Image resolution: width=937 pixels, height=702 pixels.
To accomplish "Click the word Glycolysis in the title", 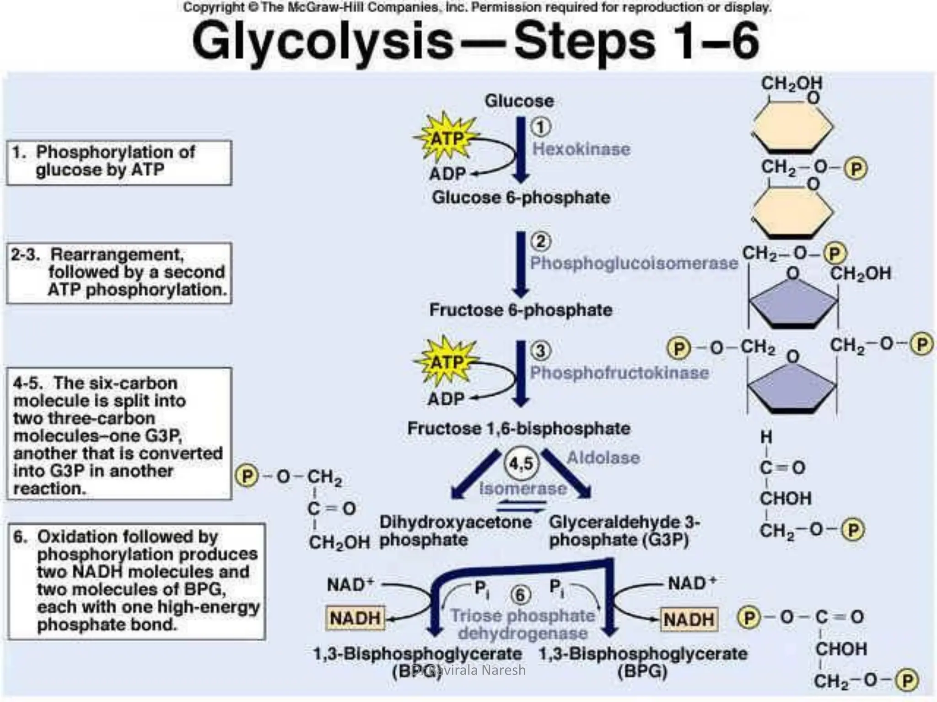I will [323, 42].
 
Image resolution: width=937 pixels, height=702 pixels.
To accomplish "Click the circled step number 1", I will [541, 127].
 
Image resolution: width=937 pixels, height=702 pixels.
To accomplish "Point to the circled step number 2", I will [541, 241].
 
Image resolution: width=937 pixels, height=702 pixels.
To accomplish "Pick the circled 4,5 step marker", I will [522, 463].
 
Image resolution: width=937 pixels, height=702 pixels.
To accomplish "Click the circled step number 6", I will [520, 595].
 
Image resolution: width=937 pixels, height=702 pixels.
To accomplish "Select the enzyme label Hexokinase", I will [581, 149].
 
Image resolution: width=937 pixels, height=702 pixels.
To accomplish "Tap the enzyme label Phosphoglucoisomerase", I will [634, 263].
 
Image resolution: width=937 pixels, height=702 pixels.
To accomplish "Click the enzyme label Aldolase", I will [603, 457].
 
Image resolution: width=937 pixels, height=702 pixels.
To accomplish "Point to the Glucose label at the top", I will [519, 101].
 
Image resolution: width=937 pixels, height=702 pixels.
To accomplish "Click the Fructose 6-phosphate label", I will [521, 310].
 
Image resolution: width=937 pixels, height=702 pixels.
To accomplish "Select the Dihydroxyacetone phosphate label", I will [455, 531].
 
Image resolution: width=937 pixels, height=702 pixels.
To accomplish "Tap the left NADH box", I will [355, 618].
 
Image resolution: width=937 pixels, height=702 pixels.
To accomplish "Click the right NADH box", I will [689, 619].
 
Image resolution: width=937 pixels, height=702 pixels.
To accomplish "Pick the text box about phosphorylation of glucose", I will [119, 162].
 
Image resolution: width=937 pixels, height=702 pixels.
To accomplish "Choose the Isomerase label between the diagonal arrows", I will [522, 489].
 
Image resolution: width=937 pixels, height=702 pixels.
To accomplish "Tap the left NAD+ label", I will [350, 585].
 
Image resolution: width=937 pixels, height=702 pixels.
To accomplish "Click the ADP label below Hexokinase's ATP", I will [447, 174].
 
